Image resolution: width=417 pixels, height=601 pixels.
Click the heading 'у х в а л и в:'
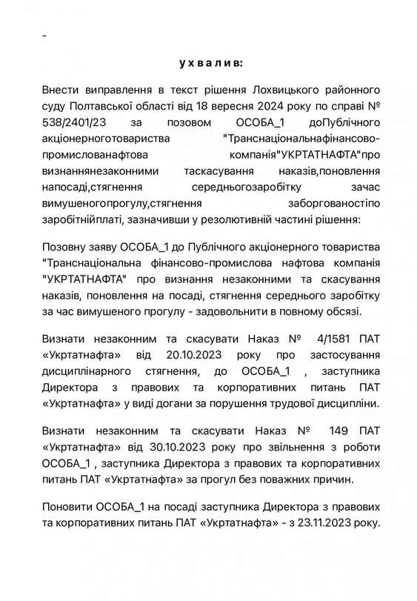click(210, 64)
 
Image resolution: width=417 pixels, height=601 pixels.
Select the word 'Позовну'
click(64, 245)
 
